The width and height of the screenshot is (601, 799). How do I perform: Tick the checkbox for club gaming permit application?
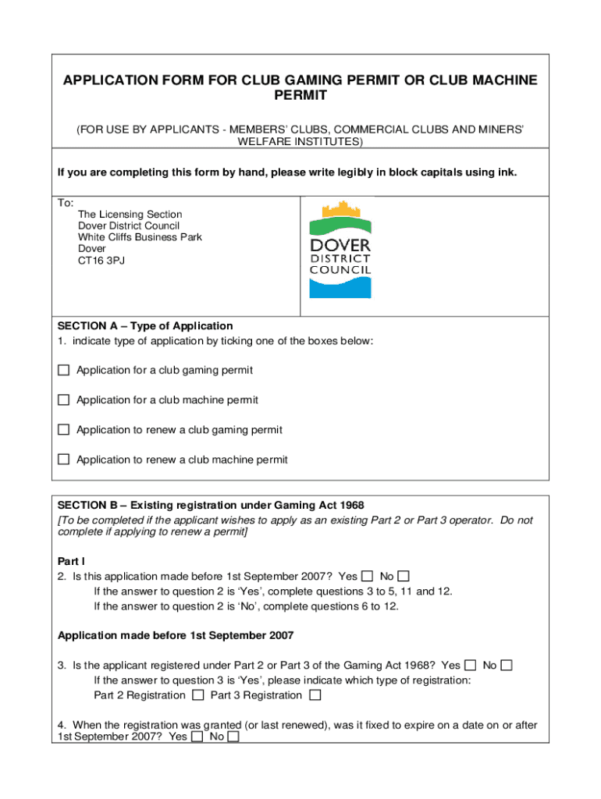coord(63,370)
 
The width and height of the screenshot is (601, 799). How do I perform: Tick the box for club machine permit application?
coord(63,399)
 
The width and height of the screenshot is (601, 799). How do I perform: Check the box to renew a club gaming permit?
coord(63,429)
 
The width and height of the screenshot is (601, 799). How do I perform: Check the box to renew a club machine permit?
coord(63,459)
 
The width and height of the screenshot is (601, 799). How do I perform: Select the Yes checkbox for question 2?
coord(368,576)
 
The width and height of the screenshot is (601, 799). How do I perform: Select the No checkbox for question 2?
coord(404,576)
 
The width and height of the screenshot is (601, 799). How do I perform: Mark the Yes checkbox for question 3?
coord(471,665)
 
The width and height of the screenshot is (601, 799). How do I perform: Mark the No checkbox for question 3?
coord(507,665)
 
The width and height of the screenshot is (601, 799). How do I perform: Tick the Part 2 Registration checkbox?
coord(198,694)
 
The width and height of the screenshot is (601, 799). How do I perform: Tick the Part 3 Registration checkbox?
coord(315,694)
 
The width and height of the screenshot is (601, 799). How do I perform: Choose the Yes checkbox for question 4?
coord(197,736)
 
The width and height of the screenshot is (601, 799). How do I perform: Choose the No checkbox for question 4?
coord(233,736)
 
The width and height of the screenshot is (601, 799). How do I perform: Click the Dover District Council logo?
coord(340,249)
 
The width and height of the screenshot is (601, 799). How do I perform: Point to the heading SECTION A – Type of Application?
coord(145,325)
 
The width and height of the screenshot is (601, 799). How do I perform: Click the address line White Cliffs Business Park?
coord(140,237)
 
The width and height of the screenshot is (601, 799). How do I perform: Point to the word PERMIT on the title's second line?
coord(300,96)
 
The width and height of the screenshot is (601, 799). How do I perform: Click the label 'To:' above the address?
coord(66,203)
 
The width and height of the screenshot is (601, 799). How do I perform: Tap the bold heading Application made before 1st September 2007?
coord(176,635)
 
